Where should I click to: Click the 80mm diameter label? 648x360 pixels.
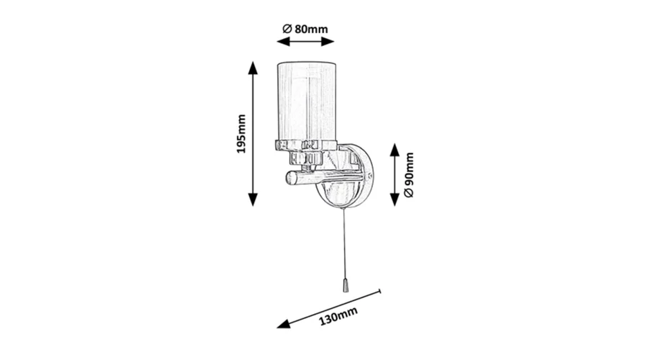pyautogui.click(x=305, y=29)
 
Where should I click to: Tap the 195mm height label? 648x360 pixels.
pyautogui.click(x=241, y=134)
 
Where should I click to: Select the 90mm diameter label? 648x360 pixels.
pyautogui.click(x=408, y=174)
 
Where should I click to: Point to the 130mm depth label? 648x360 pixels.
pyautogui.click(x=338, y=316)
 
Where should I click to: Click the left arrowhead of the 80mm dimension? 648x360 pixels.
pyautogui.click(x=283, y=41)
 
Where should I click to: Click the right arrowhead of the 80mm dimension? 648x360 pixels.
pyautogui.click(x=328, y=41)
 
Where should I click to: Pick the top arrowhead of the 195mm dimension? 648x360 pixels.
pyautogui.click(x=253, y=68)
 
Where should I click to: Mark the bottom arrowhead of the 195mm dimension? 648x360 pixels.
pyautogui.click(x=253, y=199)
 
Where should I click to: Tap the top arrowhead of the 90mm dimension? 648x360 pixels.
pyautogui.click(x=395, y=150)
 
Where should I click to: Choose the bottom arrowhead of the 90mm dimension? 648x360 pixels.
pyautogui.click(x=395, y=199)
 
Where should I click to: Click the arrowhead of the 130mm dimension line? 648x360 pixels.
pyautogui.click(x=283, y=324)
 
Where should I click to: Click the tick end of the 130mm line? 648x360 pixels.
pyautogui.click(x=379, y=292)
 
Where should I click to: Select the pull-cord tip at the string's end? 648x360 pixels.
pyautogui.click(x=346, y=286)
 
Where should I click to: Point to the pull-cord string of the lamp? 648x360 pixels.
pyautogui.click(x=344, y=243)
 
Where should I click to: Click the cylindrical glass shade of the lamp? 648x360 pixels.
pyautogui.click(x=306, y=102)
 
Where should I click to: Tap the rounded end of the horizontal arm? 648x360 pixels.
pyautogui.click(x=292, y=178)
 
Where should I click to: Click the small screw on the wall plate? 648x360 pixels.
pyautogui.click(x=369, y=176)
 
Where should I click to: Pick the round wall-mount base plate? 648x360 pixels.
pyautogui.click(x=344, y=176)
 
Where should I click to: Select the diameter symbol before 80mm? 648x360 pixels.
pyautogui.click(x=287, y=29)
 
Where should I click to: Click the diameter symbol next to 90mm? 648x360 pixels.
pyautogui.click(x=408, y=193)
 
